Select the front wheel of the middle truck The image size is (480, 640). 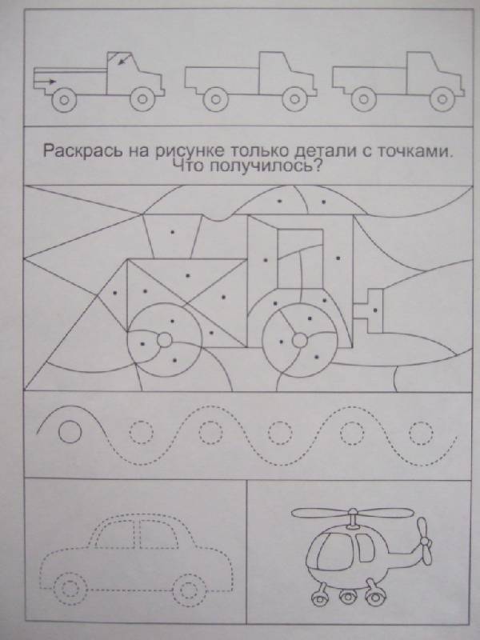(294, 98)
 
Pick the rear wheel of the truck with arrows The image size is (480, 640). (64, 98)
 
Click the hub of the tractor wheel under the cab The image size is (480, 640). (299, 339)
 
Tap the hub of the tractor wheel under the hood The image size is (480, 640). (165, 339)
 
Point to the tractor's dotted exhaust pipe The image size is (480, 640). (173, 236)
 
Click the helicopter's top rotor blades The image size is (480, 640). (353, 512)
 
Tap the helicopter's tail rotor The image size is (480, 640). (425, 542)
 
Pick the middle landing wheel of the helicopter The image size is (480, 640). (347, 598)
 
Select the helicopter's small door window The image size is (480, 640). (365, 547)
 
